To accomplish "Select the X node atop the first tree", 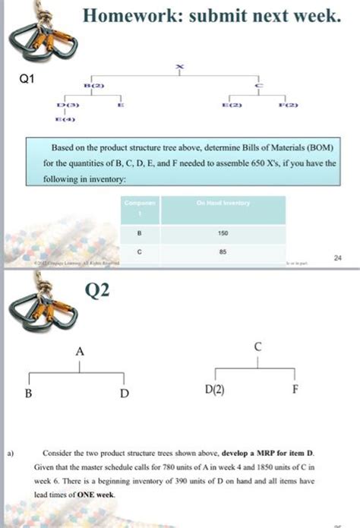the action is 179,67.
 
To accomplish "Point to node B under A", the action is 28,394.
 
